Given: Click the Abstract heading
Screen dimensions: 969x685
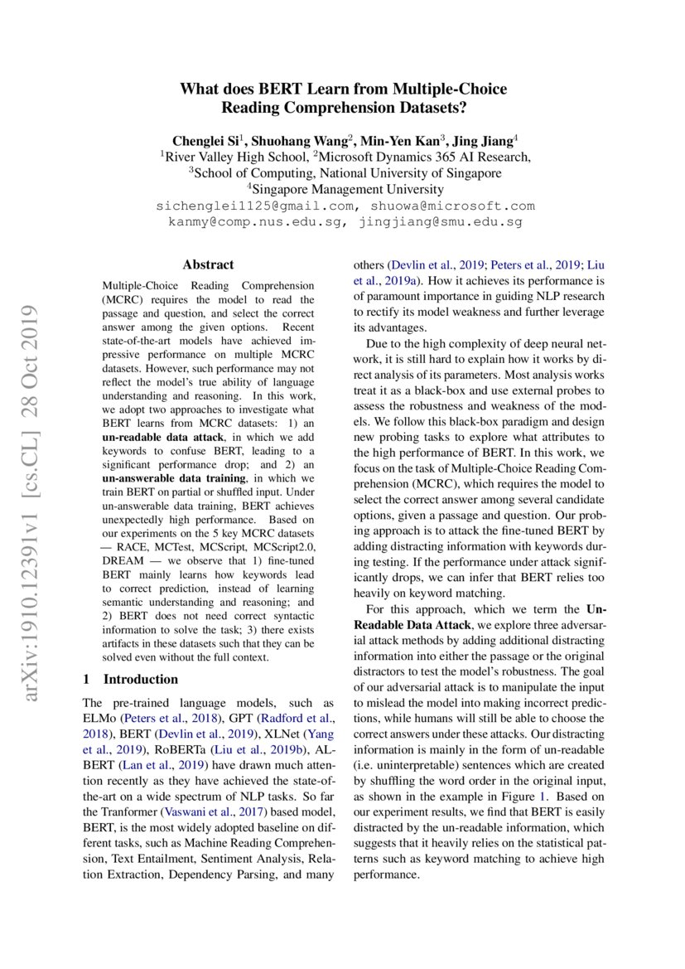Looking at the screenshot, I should [x=208, y=264].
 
